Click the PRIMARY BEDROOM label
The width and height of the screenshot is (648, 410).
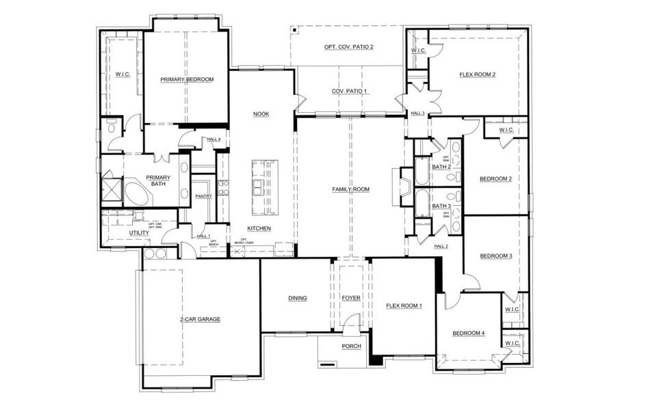click(x=187, y=80)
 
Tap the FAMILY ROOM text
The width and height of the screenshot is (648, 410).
click(x=350, y=189)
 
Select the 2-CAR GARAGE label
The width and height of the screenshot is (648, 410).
click(x=200, y=319)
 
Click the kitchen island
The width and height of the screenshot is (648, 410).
click(x=264, y=184)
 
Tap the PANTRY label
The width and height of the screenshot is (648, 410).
click(x=203, y=196)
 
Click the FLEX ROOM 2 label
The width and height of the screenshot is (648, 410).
click(x=477, y=74)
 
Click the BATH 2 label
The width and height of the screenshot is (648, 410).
click(x=441, y=167)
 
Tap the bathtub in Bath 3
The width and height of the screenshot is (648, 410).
click(x=422, y=204)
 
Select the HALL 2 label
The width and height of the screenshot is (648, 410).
click(x=441, y=246)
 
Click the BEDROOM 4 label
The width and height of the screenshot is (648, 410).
click(x=469, y=333)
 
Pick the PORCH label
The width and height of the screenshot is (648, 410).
click(x=351, y=346)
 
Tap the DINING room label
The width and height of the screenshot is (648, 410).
click(x=298, y=298)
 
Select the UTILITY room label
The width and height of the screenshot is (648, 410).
click(x=139, y=233)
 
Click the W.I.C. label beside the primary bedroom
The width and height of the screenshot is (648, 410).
click(x=123, y=74)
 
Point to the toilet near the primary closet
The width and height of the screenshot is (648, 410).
click(x=111, y=128)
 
